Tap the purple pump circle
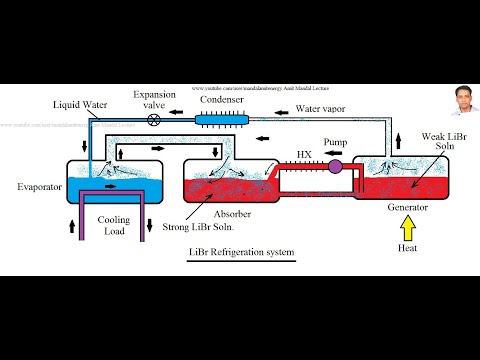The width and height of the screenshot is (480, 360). coord(335,165)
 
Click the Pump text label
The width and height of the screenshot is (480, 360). coord(337,143)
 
